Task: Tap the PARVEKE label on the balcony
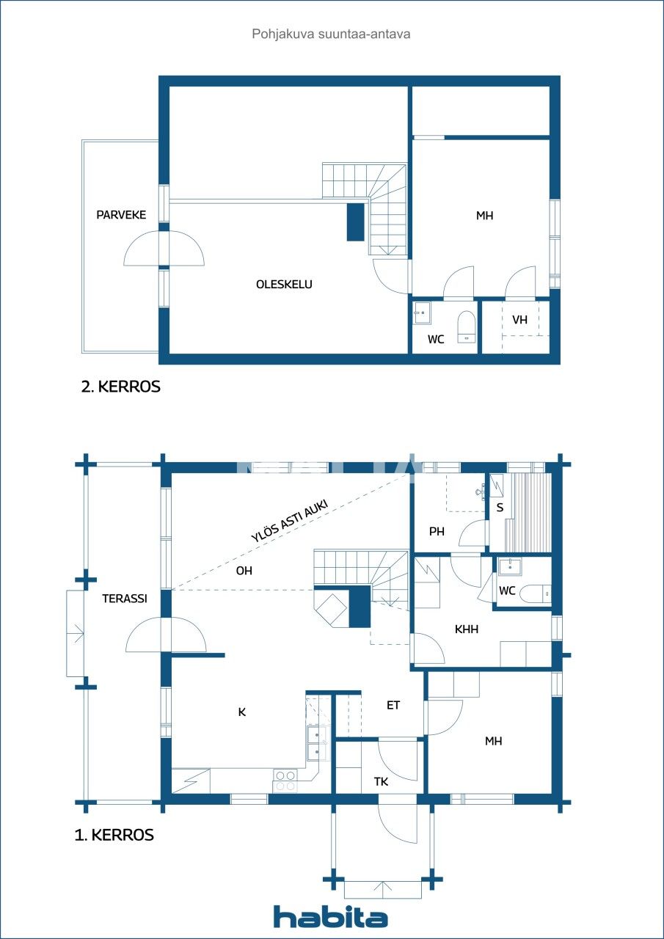(121, 215)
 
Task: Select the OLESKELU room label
(284, 284)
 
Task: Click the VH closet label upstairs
(520, 320)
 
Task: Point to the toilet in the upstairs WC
(466, 326)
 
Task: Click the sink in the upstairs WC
(422, 313)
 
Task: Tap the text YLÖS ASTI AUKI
(289, 521)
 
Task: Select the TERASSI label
(125, 598)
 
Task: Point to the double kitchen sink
(317, 742)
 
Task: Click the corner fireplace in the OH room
(332, 608)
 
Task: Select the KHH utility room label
(467, 629)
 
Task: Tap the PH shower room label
(437, 532)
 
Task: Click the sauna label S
(500, 507)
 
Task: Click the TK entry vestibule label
(381, 782)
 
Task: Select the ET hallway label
(393, 705)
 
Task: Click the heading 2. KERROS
(120, 387)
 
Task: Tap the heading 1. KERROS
(114, 835)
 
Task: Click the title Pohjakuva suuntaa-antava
(331, 34)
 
